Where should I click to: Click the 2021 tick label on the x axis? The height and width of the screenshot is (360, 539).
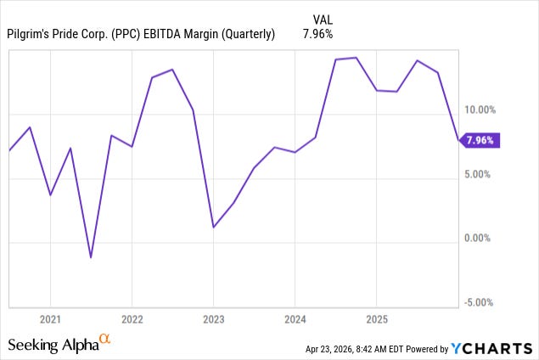50,319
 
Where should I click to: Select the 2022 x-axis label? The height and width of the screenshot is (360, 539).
132,319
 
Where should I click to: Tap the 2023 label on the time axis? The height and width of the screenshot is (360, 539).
213,319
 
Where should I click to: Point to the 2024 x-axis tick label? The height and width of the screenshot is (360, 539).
295,319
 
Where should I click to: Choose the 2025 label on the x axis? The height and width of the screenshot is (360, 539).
376,319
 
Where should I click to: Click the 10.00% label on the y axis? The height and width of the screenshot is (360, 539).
481,110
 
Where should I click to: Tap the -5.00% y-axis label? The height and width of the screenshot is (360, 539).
481,302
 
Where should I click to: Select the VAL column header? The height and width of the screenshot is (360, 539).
323,18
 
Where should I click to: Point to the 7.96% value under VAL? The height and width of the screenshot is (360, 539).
317,35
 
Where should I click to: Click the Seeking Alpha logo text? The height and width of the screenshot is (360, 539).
53,345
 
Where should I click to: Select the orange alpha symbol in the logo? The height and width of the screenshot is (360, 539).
105,339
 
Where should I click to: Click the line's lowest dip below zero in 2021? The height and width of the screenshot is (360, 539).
91,257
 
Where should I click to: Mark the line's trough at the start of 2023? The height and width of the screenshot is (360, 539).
213,227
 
